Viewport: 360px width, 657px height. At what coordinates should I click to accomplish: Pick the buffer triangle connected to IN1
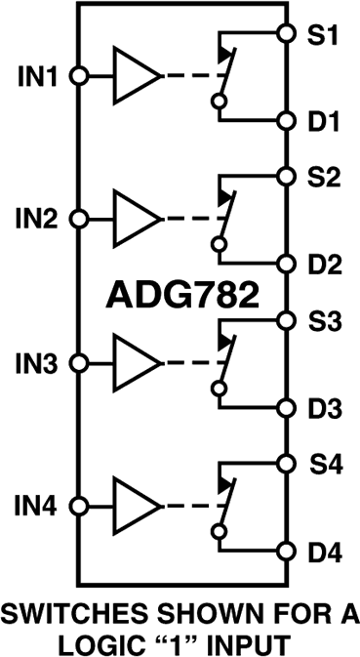point(136,75)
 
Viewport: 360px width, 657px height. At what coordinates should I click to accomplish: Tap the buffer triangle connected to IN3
point(136,363)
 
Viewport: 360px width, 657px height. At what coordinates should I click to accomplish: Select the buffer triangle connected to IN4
point(136,507)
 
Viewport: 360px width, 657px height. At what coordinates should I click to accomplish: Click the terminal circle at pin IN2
point(79,219)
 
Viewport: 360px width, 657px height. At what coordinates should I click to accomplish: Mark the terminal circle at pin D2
point(286,264)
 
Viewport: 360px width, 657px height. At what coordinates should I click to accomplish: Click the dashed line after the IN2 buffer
point(189,219)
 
